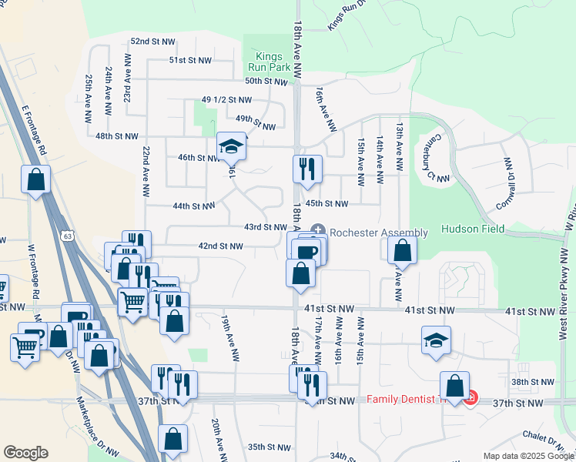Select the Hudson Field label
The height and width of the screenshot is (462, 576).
pos(472,229)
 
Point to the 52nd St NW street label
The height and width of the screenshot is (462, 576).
pos(152,41)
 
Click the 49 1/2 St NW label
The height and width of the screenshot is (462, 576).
pos(226,100)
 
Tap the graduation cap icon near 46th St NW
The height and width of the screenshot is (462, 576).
pos(230,146)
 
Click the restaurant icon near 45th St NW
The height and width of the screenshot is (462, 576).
pos(308,168)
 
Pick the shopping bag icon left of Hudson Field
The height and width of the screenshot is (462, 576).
pos(402,249)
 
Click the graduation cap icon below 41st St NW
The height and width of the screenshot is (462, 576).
pos(436,340)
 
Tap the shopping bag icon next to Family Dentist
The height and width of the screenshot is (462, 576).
pos(455,386)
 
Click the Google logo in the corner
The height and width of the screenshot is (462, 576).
pos(26,453)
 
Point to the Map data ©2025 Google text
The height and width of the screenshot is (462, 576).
pos(527,456)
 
